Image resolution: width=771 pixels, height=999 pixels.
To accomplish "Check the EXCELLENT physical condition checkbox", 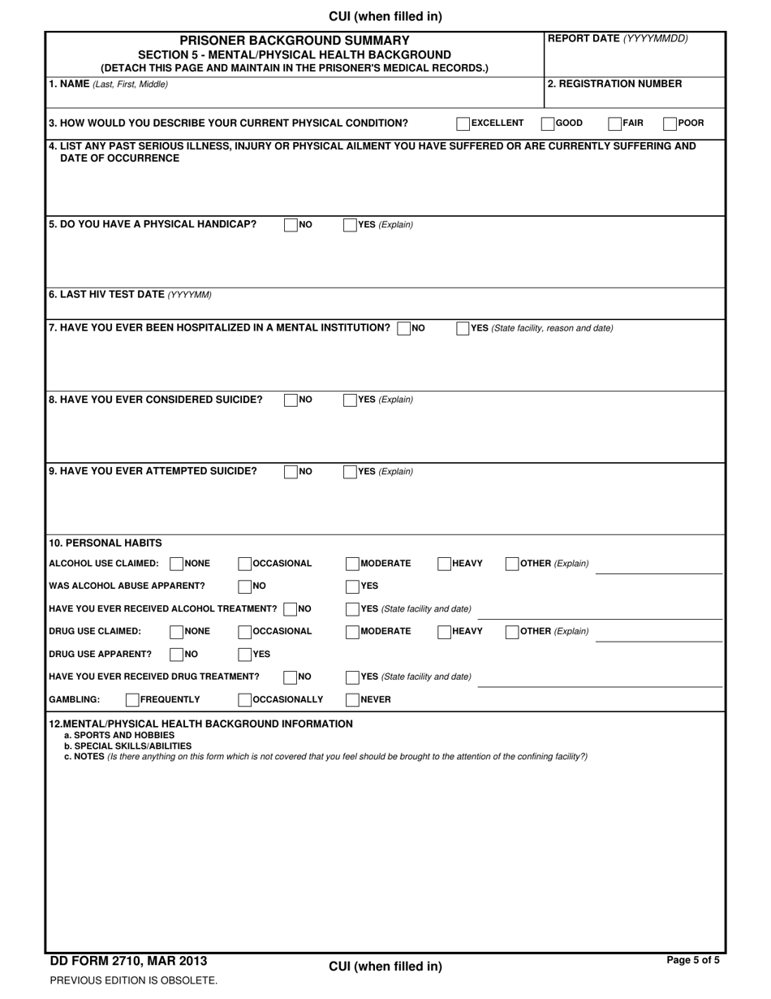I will pos(463,124).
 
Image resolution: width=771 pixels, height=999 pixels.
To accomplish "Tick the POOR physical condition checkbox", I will pos(670,124).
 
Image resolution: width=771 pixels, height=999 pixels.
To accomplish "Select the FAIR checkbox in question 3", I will pos(615,124).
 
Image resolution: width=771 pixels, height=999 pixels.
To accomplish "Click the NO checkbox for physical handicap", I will pos(291,226).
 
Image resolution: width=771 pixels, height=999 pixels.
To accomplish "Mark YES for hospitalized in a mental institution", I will pos(463,329).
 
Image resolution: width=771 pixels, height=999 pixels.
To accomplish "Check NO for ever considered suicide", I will pos(291,400).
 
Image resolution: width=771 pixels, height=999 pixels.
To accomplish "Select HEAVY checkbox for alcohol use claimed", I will pos(444,564).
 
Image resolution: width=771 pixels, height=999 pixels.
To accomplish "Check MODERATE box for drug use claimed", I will pos(352,632).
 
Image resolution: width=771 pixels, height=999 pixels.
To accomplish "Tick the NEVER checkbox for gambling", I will pos(352,700).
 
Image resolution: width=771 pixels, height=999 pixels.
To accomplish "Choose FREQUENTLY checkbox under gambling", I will pos(132,700).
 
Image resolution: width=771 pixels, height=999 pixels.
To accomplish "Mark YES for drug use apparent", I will pos(244,655).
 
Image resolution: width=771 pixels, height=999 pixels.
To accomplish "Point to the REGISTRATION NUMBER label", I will pos(614,84).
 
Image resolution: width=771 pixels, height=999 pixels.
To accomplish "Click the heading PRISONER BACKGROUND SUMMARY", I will pos(294,40).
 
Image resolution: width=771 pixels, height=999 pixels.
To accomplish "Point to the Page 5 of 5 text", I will pos(692,960).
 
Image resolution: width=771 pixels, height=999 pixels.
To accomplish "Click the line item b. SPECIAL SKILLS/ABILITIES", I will pos(127,746).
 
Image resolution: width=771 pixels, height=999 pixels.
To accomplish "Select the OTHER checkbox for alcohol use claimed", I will pos(512,564).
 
